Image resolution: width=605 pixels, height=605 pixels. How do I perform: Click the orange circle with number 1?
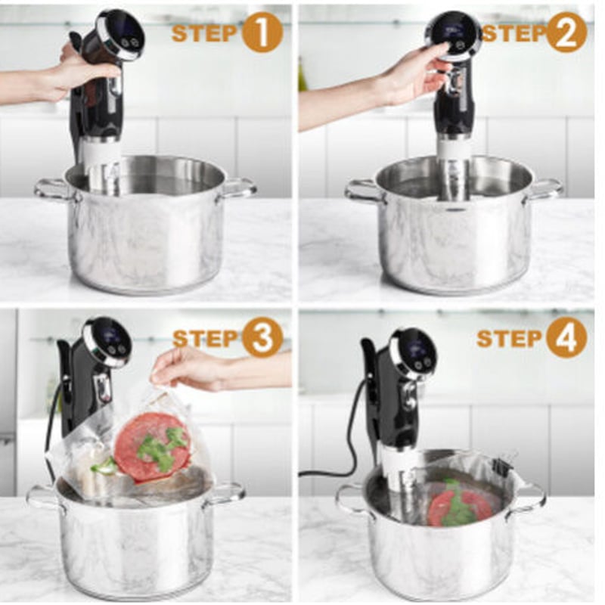(x=262, y=33)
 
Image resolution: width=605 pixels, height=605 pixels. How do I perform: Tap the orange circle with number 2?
(x=566, y=33)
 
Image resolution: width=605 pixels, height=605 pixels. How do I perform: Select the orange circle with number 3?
(x=262, y=338)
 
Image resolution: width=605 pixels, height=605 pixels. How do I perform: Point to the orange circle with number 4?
(x=566, y=338)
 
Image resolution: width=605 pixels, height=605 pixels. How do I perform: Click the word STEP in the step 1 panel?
(x=204, y=33)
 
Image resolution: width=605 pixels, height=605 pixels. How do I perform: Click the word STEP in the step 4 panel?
(x=509, y=338)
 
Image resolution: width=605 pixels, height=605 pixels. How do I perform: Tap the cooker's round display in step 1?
(x=123, y=36)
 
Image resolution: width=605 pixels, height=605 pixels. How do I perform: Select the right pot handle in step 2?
(x=544, y=189)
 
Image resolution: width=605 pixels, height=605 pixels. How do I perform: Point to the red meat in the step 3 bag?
(x=153, y=446)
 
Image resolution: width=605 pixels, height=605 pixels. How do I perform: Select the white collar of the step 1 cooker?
(x=102, y=151)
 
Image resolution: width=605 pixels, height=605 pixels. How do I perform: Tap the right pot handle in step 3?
(x=227, y=495)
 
